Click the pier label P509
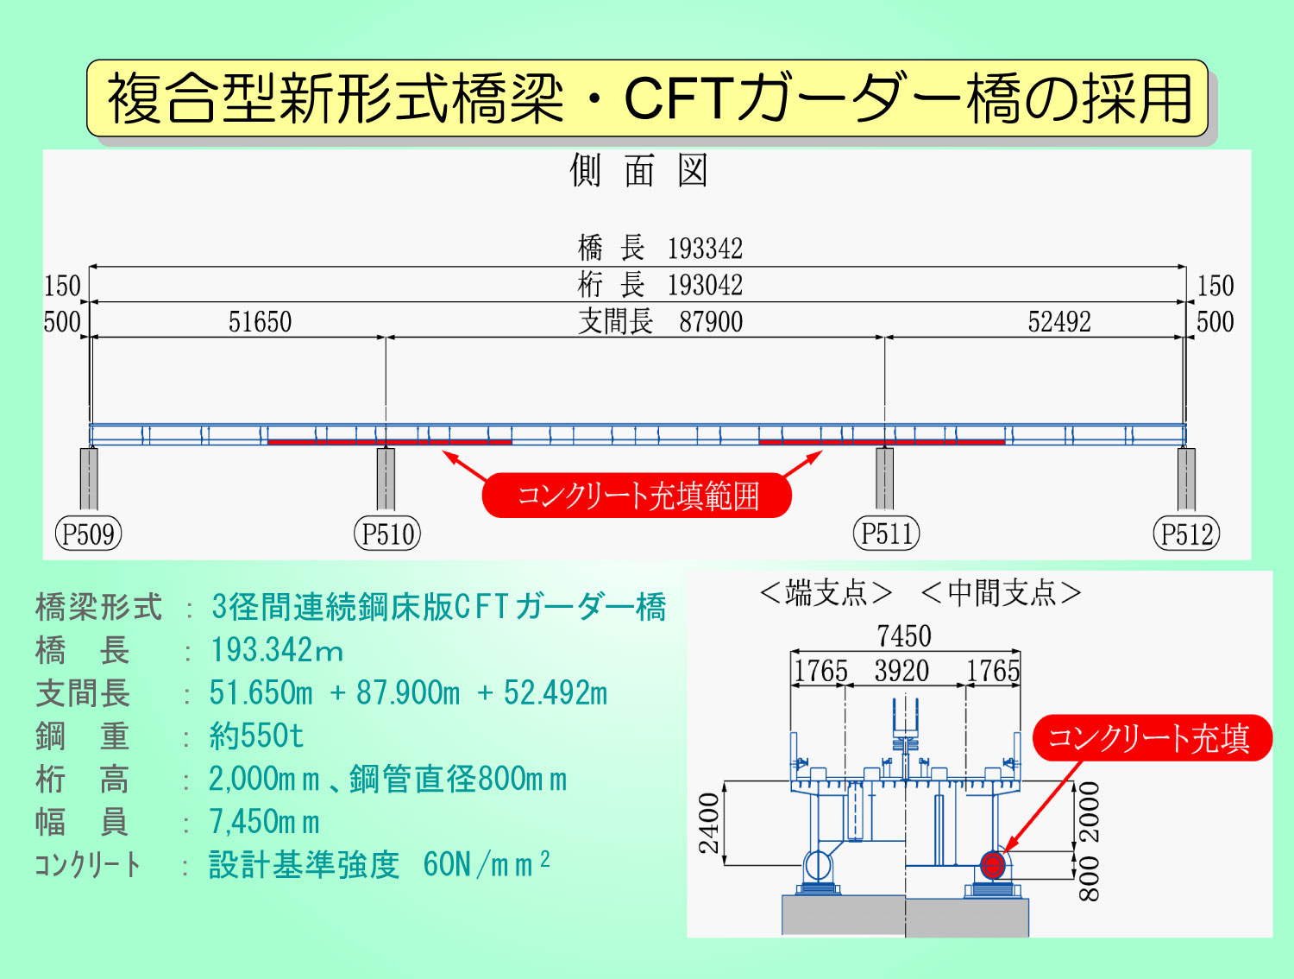[x=89, y=534]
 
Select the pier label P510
[x=387, y=534]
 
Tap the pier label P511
[x=887, y=534]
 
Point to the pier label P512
[x=1186, y=534]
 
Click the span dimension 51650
[x=260, y=322]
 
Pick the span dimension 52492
[x=1059, y=322]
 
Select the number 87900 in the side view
[x=711, y=322]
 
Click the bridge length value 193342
[x=705, y=249]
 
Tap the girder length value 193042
[x=705, y=286]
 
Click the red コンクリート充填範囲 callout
[x=637, y=496]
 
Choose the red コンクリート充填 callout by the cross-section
[x=1152, y=738]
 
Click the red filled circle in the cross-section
[x=993, y=865]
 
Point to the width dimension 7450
[x=904, y=636]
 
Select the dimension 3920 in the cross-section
[x=902, y=671]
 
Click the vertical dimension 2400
[x=709, y=824]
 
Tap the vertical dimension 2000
[x=1090, y=812]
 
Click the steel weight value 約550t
[x=256, y=736]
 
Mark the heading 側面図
[x=638, y=170]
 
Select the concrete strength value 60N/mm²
[x=487, y=864]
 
